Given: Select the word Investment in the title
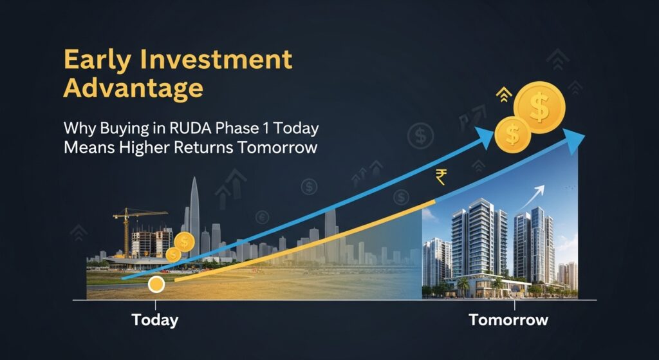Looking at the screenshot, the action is point(216,59).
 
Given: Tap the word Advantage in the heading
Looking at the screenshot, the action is point(133,90).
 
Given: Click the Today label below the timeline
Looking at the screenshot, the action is point(154,320).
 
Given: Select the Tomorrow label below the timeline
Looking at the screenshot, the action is point(508,319).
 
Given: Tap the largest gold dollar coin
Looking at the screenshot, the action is point(539,108).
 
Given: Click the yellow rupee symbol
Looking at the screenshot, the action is point(440,177).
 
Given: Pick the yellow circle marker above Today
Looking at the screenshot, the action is point(156,285).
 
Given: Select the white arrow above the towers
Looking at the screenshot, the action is point(532,197).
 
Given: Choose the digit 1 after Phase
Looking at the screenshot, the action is point(264,129).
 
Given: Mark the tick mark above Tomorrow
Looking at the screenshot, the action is point(514,305).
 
